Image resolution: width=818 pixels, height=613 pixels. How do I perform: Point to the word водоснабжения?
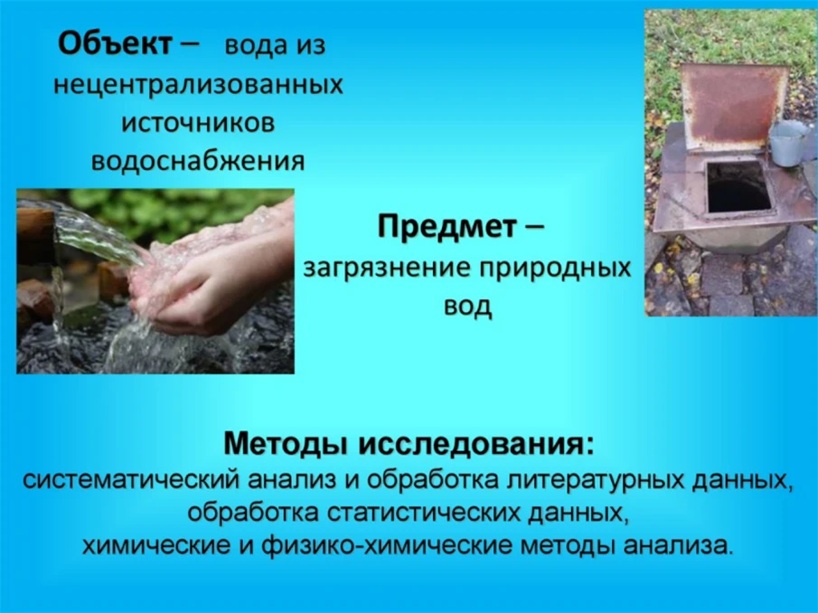point(198,162)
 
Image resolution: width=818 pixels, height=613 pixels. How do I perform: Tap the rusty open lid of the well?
point(732,105)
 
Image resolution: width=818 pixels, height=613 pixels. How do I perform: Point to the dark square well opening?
point(735,187)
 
